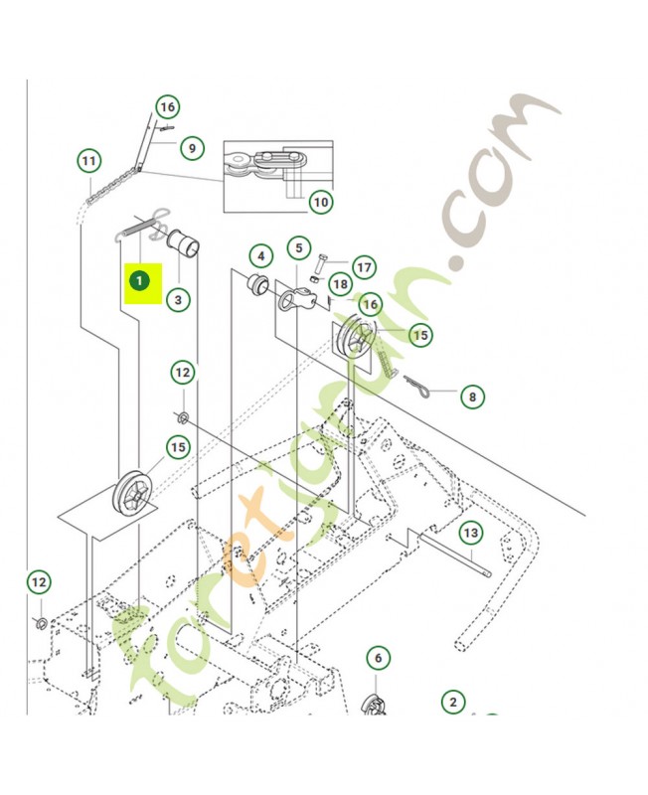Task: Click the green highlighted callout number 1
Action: click(140, 281)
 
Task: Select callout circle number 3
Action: click(177, 298)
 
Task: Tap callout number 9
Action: click(192, 149)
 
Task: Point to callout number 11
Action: click(89, 161)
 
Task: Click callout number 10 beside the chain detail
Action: click(320, 203)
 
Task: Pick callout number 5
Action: click(299, 246)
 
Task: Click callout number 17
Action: click(364, 267)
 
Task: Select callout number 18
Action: click(341, 285)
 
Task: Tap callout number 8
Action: click(472, 397)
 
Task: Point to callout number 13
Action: click(470, 534)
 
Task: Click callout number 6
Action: click(377, 657)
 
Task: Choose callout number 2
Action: click(452, 702)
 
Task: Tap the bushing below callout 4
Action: click(256, 285)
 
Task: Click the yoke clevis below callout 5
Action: click(293, 297)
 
